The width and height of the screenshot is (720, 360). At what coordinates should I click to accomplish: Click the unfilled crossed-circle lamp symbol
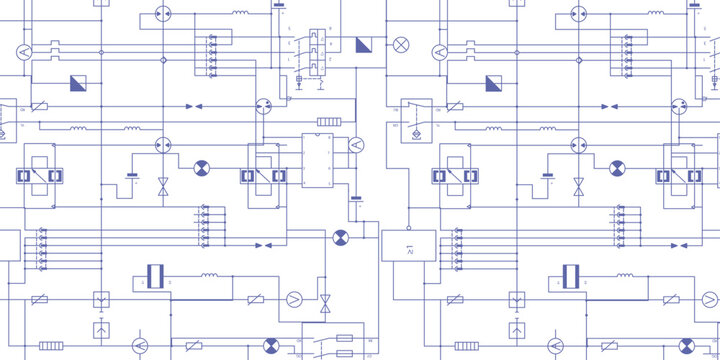402,44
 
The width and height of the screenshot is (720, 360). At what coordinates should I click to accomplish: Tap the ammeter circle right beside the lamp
439,52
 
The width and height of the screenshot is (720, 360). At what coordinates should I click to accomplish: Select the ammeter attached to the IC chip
354,146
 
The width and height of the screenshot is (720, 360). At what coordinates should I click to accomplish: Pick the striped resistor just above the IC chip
328,122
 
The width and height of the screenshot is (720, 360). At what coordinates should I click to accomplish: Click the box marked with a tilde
408,245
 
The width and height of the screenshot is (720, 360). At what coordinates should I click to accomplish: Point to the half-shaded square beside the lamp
363,44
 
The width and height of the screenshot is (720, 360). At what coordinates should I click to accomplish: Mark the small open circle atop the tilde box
408,228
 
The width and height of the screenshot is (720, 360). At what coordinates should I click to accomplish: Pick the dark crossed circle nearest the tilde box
340,237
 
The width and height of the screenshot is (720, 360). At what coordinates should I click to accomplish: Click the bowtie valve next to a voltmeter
325,302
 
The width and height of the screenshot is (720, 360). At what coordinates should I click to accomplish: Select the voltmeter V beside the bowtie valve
294,298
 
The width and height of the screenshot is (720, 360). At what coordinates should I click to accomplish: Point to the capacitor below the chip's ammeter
356,201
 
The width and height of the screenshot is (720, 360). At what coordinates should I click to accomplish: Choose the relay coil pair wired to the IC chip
263,175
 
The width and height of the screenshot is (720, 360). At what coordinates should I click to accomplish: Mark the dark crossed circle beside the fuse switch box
271,346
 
